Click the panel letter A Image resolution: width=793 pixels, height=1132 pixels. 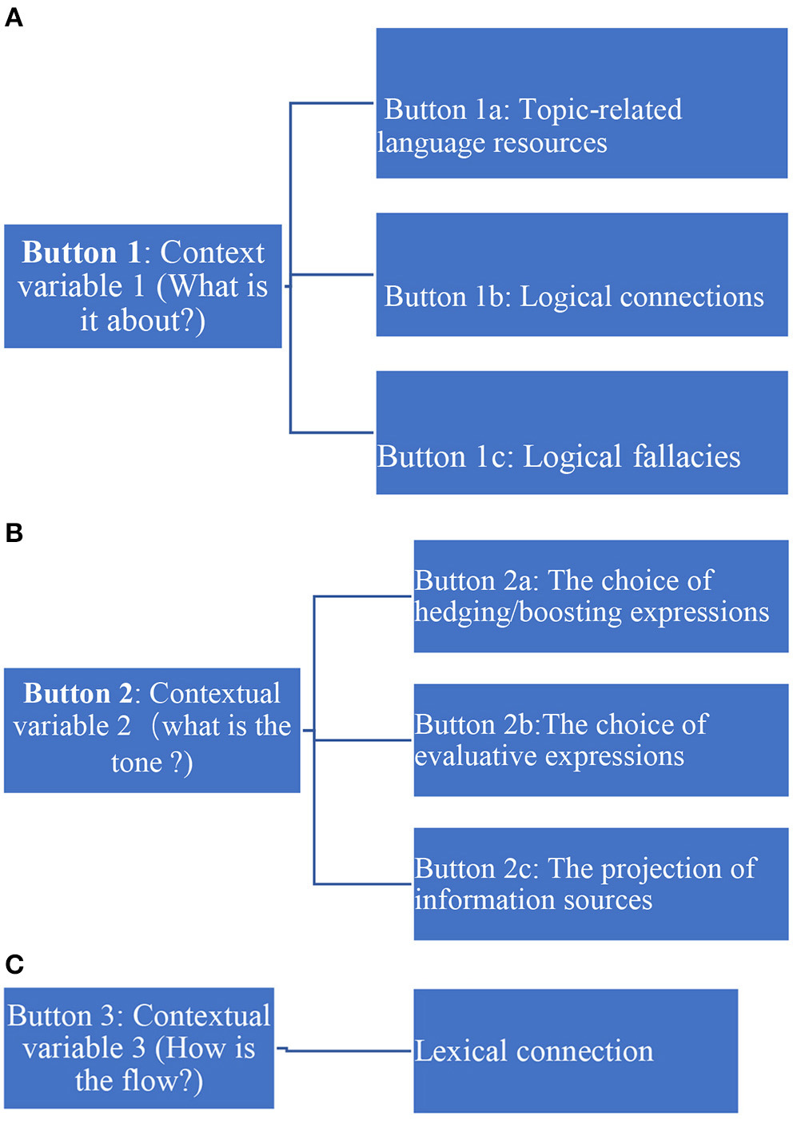(x=14, y=17)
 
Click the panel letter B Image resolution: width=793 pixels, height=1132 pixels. (x=14, y=532)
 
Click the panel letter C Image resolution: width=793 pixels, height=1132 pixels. (x=14, y=964)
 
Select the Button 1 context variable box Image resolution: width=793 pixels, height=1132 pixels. (x=142, y=286)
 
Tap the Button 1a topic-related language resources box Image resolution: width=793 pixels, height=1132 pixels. (x=581, y=103)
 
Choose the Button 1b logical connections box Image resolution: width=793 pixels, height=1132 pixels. (x=581, y=274)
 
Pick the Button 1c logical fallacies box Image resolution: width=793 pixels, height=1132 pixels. (x=581, y=432)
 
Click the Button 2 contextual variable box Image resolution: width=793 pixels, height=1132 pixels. (x=152, y=730)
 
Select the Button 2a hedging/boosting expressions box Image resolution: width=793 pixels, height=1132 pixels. (x=600, y=596)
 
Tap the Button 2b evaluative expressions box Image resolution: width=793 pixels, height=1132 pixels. (x=600, y=739)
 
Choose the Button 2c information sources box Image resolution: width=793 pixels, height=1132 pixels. (x=600, y=883)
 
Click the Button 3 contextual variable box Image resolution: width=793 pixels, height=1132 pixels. (x=139, y=1047)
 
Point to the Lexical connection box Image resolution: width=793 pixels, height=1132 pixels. (x=575, y=1050)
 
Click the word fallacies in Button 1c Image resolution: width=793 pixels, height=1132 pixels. (x=687, y=456)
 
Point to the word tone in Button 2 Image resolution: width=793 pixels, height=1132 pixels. (x=137, y=763)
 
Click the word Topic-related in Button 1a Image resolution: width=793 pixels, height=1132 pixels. (x=600, y=110)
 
